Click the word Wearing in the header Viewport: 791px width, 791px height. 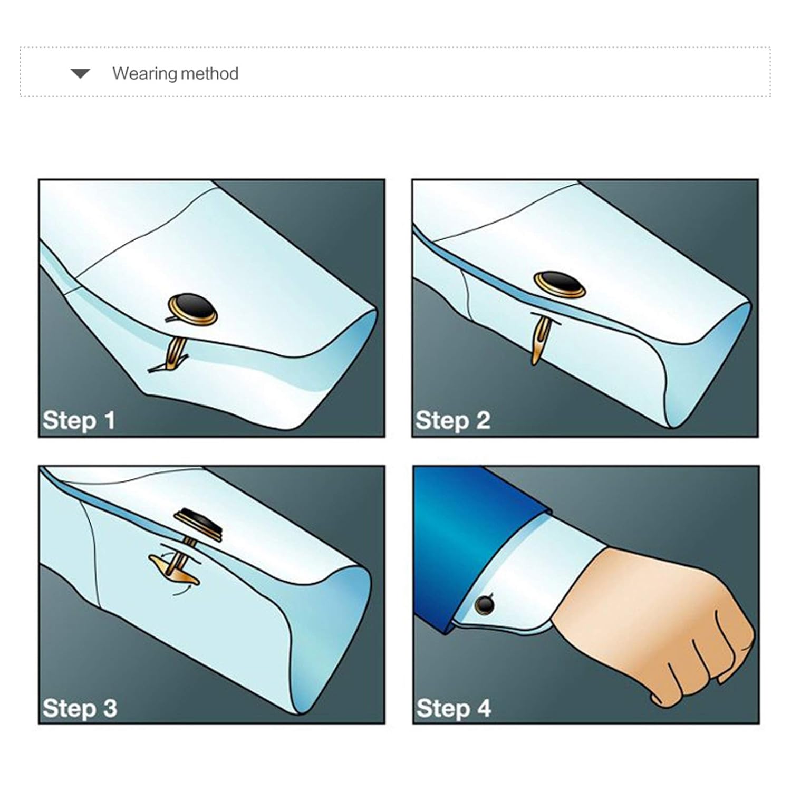[142, 73]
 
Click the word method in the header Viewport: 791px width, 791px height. [207, 73]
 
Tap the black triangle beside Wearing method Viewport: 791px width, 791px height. [80, 73]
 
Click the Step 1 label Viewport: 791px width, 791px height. [79, 420]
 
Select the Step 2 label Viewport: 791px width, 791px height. [452, 420]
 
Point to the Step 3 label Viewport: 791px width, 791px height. [80, 708]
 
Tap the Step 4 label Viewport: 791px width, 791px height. [454, 708]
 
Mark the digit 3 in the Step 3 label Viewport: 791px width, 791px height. [110, 708]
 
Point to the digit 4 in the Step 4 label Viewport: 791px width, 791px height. [484, 708]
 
